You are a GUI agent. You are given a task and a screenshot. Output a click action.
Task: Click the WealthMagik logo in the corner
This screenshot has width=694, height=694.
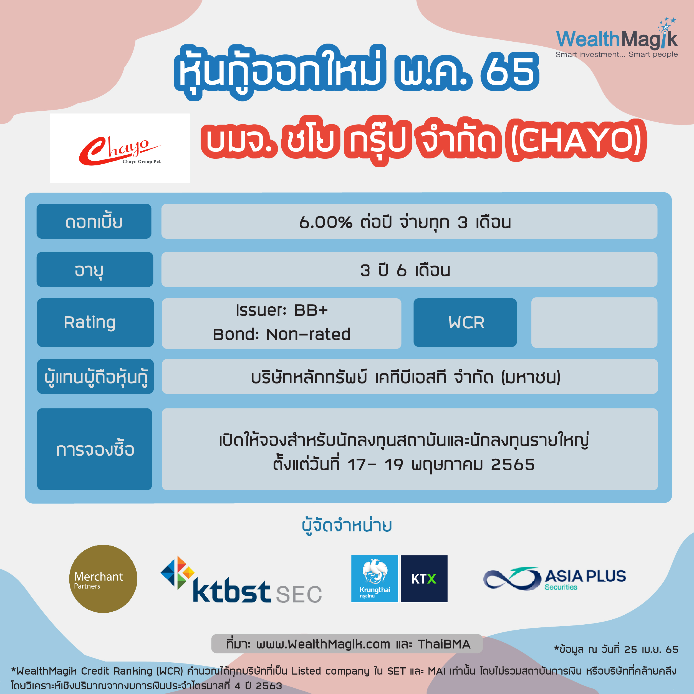pyautogui.click(x=616, y=38)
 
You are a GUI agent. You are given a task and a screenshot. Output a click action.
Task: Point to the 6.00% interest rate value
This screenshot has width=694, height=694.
pyautogui.click(x=325, y=222)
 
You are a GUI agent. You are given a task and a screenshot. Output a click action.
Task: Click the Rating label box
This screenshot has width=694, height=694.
pyautogui.click(x=95, y=322)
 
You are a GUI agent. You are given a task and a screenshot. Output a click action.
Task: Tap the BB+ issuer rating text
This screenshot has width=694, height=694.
pyautogui.click(x=311, y=310)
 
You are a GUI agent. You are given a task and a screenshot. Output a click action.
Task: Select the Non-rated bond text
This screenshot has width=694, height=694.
pyautogui.click(x=308, y=334)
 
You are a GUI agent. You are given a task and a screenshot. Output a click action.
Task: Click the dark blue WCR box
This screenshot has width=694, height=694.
pyautogui.click(x=465, y=322)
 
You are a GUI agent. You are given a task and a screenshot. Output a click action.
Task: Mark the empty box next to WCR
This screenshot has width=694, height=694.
pyautogui.click(x=594, y=322)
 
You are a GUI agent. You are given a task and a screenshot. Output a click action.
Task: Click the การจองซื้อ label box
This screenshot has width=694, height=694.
pyautogui.click(x=94, y=449)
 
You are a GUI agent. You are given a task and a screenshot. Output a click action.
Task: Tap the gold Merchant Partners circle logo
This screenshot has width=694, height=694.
pyautogui.click(x=103, y=579)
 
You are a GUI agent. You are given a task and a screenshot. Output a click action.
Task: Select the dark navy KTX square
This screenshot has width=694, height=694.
pyautogui.click(x=424, y=578)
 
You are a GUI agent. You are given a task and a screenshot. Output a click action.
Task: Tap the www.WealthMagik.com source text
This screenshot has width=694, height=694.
pyautogui.click(x=323, y=644)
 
